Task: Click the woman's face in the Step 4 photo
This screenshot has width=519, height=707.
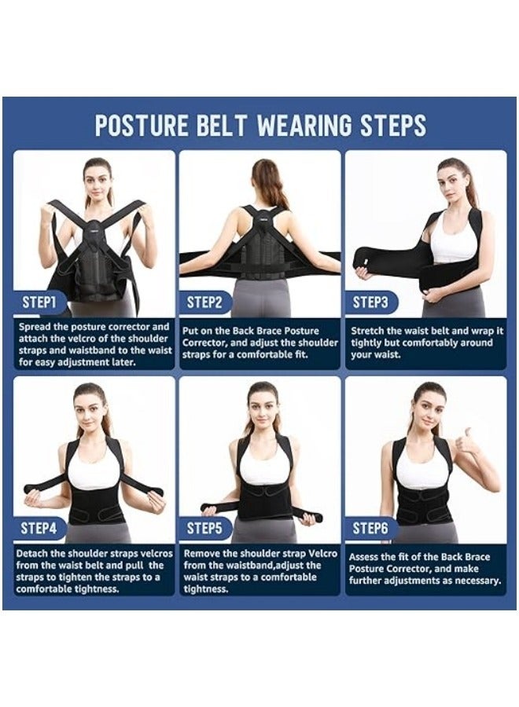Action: [90, 405]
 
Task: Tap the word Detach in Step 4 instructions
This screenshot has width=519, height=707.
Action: [35, 554]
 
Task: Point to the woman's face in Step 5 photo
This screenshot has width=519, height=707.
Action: [262, 404]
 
